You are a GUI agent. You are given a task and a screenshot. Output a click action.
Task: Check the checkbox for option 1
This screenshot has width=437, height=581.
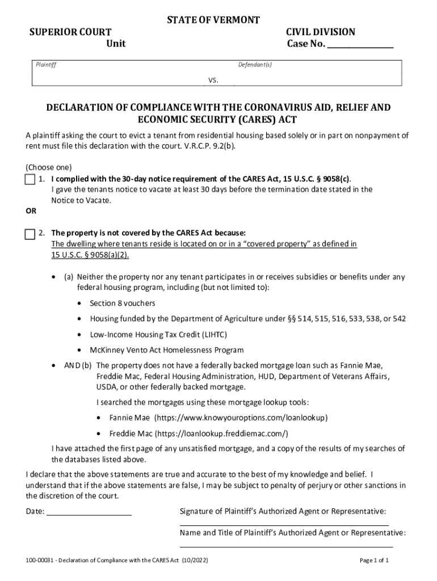tap(30, 180)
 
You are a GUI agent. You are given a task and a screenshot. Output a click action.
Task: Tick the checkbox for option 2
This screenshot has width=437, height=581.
tap(30, 234)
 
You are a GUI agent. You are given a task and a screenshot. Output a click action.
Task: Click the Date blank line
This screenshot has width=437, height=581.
tap(89, 513)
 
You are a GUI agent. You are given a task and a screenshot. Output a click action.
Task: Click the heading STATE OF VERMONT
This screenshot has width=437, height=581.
tap(213, 20)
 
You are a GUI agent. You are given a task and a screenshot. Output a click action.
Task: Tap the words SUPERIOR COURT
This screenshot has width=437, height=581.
tap(70, 32)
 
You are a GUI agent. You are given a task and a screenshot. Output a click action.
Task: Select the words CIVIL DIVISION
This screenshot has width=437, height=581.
tap(321, 32)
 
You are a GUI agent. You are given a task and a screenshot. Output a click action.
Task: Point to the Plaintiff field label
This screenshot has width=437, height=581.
tap(46, 65)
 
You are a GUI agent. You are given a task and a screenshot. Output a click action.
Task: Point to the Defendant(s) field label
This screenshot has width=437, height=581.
tap(255, 65)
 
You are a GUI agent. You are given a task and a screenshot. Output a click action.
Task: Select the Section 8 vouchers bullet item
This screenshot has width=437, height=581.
tap(122, 304)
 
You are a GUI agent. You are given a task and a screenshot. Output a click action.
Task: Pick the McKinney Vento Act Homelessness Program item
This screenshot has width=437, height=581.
tap(166, 350)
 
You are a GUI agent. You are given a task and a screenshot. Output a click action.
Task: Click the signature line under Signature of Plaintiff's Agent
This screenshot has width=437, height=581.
tap(284, 525)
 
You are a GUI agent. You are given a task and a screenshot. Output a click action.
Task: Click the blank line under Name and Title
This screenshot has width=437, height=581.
tap(284, 546)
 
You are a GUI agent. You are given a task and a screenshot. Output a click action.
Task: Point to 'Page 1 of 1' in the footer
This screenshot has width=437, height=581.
tap(374, 561)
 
